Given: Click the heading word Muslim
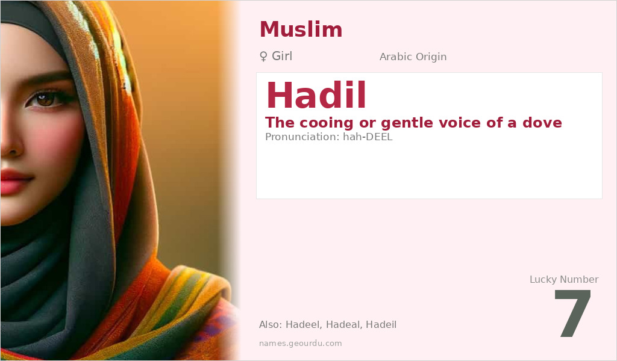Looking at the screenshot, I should (301, 29).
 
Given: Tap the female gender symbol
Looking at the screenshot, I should (263, 57).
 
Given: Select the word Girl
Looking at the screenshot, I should (282, 57).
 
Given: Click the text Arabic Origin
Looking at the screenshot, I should (413, 57).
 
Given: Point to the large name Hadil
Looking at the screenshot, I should (316, 95).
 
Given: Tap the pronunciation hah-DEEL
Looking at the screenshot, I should (368, 137).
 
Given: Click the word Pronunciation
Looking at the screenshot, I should (302, 137).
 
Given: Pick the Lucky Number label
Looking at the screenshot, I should (563, 279).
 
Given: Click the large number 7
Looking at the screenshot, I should (573, 314).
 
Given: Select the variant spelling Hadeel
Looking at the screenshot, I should (304, 325).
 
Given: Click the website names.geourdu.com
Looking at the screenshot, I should (300, 344).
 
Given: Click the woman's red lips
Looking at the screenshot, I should (13, 180).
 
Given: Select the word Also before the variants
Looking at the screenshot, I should (270, 325).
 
